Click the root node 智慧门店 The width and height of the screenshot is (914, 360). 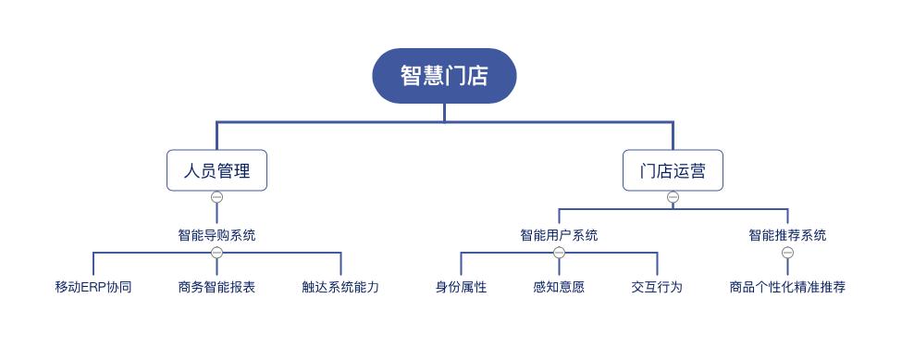tap(444, 76)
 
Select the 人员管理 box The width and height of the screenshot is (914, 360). tap(216, 170)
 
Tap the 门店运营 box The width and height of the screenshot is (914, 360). tap(673, 170)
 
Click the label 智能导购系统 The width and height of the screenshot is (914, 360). tap(216, 235)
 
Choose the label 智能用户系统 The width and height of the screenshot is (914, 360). tap(559, 235)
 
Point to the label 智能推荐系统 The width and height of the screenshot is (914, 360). tap(787, 235)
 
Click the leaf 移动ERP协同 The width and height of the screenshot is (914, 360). tap(93, 287)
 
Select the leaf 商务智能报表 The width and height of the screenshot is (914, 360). tap(216, 287)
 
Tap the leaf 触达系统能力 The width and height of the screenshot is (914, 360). tap(340, 287)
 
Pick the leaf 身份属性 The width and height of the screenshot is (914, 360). tap(461, 287)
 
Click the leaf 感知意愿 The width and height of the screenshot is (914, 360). tap(559, 287)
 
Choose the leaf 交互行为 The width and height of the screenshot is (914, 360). tap(657, 287)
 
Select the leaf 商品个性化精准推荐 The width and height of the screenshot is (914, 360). tap(787, 287)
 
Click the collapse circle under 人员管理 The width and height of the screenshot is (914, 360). tap(216, 197)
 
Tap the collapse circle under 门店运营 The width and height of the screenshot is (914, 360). tap(673, 197)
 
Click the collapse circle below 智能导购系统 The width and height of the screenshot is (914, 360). tap(216, 253)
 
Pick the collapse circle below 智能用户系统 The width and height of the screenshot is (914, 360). tap(559, 253)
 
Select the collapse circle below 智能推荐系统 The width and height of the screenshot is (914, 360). tap(787, 253)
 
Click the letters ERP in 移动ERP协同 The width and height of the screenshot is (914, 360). tap(93, 287)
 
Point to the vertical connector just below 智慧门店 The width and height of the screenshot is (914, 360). tap(444, 112)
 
